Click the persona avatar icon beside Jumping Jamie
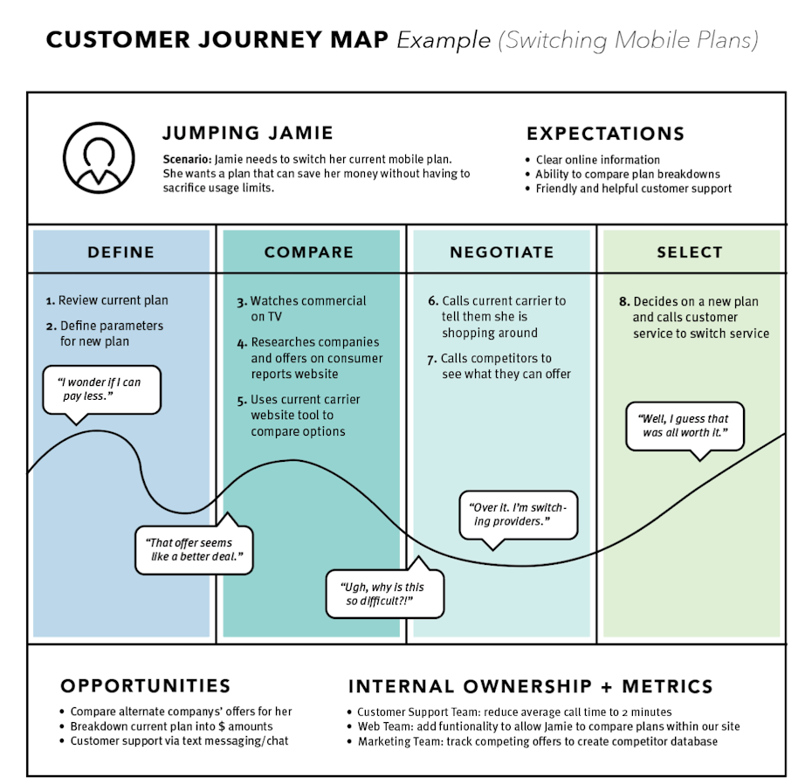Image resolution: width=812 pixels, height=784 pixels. [98, 157]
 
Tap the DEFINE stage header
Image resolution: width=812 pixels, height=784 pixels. [120, 252]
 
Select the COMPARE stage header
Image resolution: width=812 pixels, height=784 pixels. [309, 252]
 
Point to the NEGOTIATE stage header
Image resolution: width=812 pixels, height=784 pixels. [502, 252]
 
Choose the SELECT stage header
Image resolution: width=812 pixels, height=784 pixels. [690, 252]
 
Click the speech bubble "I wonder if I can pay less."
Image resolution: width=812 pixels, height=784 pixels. [102, 389]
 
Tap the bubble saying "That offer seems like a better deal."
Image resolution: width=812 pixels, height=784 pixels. [194, 549]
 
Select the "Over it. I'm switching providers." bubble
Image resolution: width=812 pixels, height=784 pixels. [519, 514]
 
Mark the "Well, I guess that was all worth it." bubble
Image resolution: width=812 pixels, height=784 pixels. [685, 425]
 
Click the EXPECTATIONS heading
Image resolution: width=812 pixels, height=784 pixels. [605, 134]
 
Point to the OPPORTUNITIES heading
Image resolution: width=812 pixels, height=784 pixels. [146, 686]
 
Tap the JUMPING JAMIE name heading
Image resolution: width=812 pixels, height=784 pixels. [248, 134]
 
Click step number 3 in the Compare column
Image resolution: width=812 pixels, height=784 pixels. [242, 301]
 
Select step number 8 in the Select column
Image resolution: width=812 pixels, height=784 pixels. [623, 302]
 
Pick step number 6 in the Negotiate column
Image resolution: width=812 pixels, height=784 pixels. [432, 301]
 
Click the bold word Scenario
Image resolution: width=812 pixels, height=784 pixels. [187, 160]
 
